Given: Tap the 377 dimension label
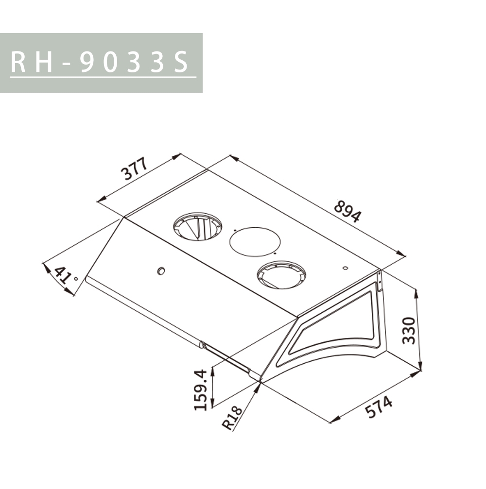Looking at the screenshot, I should click(x=134, y=169).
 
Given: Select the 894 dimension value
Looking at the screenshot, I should click(x=347, y=212).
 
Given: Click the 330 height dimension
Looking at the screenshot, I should click(x=409, y=330).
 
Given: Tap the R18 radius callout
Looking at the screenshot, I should click(x=232, y=418).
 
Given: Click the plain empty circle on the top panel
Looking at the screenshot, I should click(x=255, y=241).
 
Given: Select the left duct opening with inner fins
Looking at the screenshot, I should click(x=198, y=226).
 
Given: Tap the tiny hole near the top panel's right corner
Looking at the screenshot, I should click(x=345, y=268).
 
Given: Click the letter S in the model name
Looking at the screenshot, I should click(x=181, y=63).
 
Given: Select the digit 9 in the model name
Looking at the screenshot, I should click(x=87, y=63).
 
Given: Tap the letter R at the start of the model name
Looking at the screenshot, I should click(x=19, y=63).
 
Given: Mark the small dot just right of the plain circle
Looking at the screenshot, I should click(x=275, y=253).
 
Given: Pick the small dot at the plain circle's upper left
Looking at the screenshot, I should click(x=235, y=230).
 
